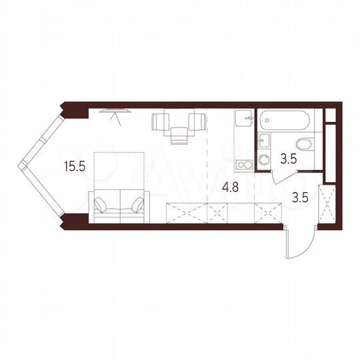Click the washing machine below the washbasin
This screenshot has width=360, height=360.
point(263,159)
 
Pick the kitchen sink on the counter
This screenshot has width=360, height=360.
point(243,121)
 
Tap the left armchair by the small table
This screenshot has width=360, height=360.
point(161,121)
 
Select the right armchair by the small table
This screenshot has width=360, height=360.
point(196,121)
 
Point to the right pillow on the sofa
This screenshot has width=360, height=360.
point(137,205)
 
